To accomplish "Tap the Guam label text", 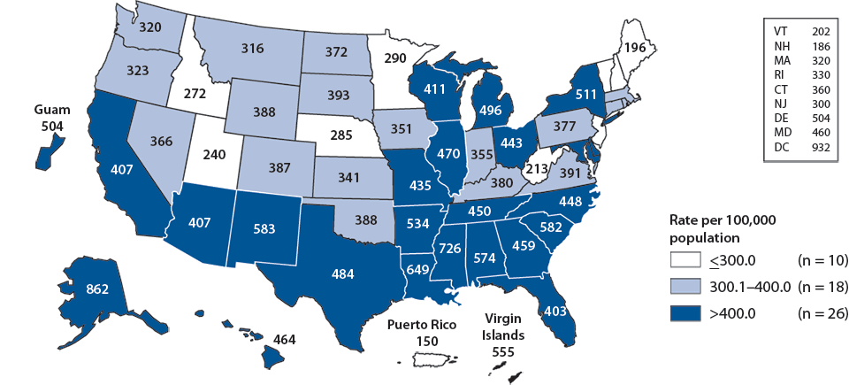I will click(x=51, y=110).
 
